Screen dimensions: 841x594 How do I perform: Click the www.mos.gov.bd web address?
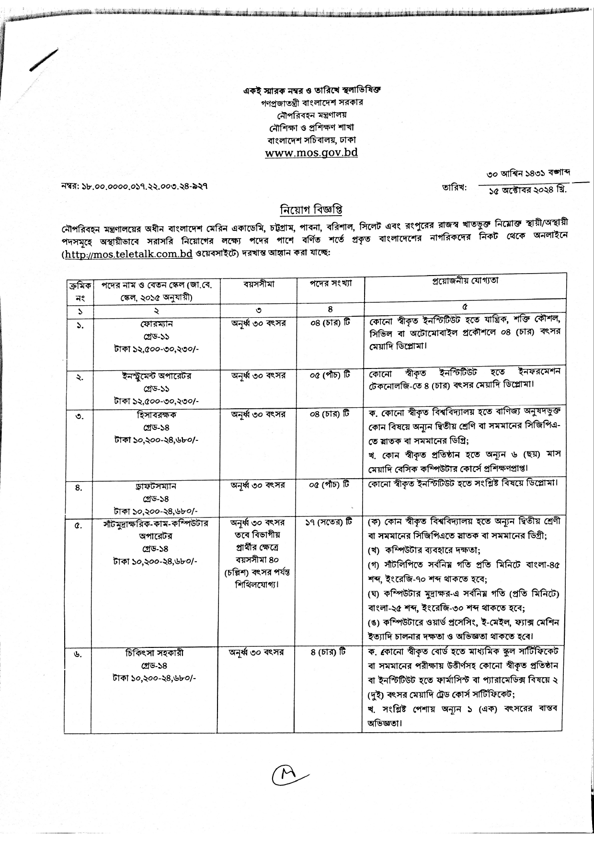[311, 153]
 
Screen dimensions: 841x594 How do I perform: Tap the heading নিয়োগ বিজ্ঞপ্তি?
[311, 210]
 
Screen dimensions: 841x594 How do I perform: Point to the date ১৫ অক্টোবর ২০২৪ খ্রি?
[527, 190]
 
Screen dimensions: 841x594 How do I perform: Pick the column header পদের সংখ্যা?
[331, 283]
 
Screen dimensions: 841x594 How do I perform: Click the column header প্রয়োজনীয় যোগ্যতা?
[465, 281]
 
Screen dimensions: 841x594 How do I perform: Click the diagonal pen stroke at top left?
[44, 61]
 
